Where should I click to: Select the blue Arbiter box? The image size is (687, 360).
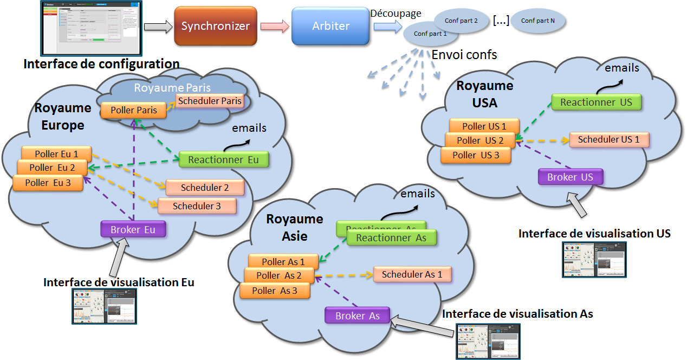pyautogui.click(x=330, y=26)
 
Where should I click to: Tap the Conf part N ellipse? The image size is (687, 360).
pyautogui.click(x=537, y=21)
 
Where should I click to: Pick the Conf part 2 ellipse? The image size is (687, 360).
pyautogui.click(x=461, y=21)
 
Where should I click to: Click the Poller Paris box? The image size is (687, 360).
pyautogui.click(x=134, y=110)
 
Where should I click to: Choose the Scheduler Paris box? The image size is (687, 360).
pyautogui.click(x=210, y=101)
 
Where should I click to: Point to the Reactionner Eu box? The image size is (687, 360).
pyautogui.click(x=223, y=160)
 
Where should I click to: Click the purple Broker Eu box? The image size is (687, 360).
pyautogui.click(x=133, y=229)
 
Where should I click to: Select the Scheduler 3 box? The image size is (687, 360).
pyautogui.click(x=197, y=206)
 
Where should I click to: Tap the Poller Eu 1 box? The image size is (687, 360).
pyautogui.click(x=56, y=153)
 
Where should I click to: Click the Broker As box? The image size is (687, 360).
pyautogui.click(x=358, y=316)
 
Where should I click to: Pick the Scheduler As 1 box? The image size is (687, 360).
pyautogui.click(x=412, y=274)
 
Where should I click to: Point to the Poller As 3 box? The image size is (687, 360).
pyautogui.click(x=275, y=291)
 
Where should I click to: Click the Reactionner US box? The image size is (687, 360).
pyautogui.click(x=596, y=102)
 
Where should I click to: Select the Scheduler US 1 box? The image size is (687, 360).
pyautogui.click(x=608, y=139)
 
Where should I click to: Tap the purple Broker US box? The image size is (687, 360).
pyautogui.click(x=570, y=177)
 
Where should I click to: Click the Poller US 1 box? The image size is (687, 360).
pyautogui.click(x=484, y=126)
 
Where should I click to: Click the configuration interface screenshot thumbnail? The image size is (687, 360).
pyautogui.click(x=92, y=27)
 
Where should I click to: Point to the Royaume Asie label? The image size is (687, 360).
pyautogui.click(x=294, y=228)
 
